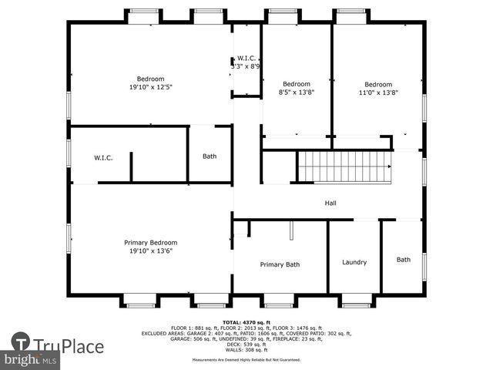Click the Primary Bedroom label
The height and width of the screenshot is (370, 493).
click(151, 242)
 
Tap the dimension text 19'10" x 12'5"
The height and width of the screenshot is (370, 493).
click(151, 87)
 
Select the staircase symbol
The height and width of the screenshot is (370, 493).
click(345, 166)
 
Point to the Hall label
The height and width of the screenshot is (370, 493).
click(330, 203)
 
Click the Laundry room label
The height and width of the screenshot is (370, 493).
click(354, 262)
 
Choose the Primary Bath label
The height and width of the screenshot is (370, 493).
click(280, 264)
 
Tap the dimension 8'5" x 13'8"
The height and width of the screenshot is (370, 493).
click(296, 92)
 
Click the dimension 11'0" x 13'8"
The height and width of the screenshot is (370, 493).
click(378, 92)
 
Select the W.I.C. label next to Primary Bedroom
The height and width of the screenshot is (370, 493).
click(104, 158)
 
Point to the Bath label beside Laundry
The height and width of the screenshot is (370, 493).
click(404, 260)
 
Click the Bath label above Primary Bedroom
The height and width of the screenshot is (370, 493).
click(210, 156)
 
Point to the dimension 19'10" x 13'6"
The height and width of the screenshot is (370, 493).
click(151, 251)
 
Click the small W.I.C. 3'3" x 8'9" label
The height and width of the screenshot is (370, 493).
click(246, 62)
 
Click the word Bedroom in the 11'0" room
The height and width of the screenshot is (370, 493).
click(378, 84)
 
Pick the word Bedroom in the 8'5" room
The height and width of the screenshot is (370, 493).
click(296, 84)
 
